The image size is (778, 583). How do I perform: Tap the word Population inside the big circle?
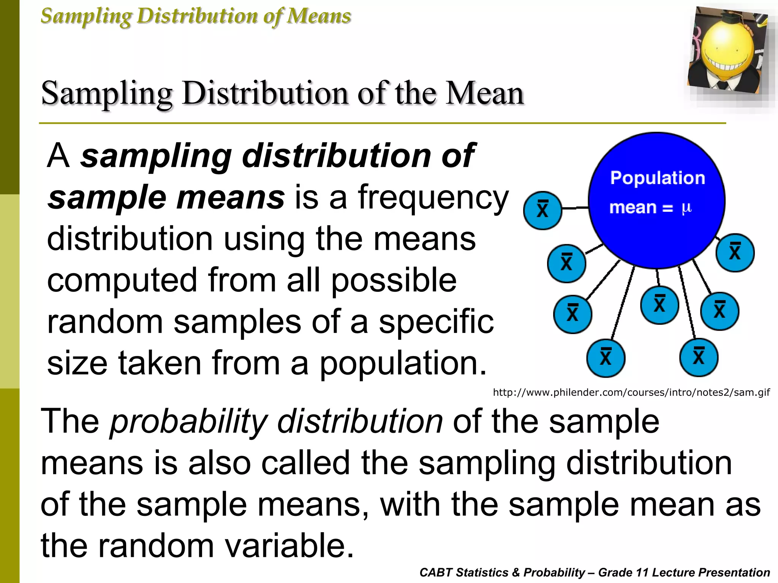tap(658, 178)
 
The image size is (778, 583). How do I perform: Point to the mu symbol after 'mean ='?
tap(686, 208)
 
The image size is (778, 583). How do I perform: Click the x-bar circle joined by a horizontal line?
tap(542, 210)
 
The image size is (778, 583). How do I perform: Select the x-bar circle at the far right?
tap(735, 252)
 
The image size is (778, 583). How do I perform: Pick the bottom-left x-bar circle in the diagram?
tap(606, 358)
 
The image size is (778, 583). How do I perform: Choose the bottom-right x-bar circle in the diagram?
tap(699, 357)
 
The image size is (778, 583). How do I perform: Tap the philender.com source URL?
tap(631, 392)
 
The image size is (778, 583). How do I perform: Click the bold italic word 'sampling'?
tap(156, 156)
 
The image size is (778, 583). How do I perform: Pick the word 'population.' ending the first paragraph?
tap(403, 364)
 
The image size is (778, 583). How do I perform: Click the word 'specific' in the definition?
tap(436, 322)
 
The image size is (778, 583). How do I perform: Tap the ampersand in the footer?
tap(516, 572)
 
